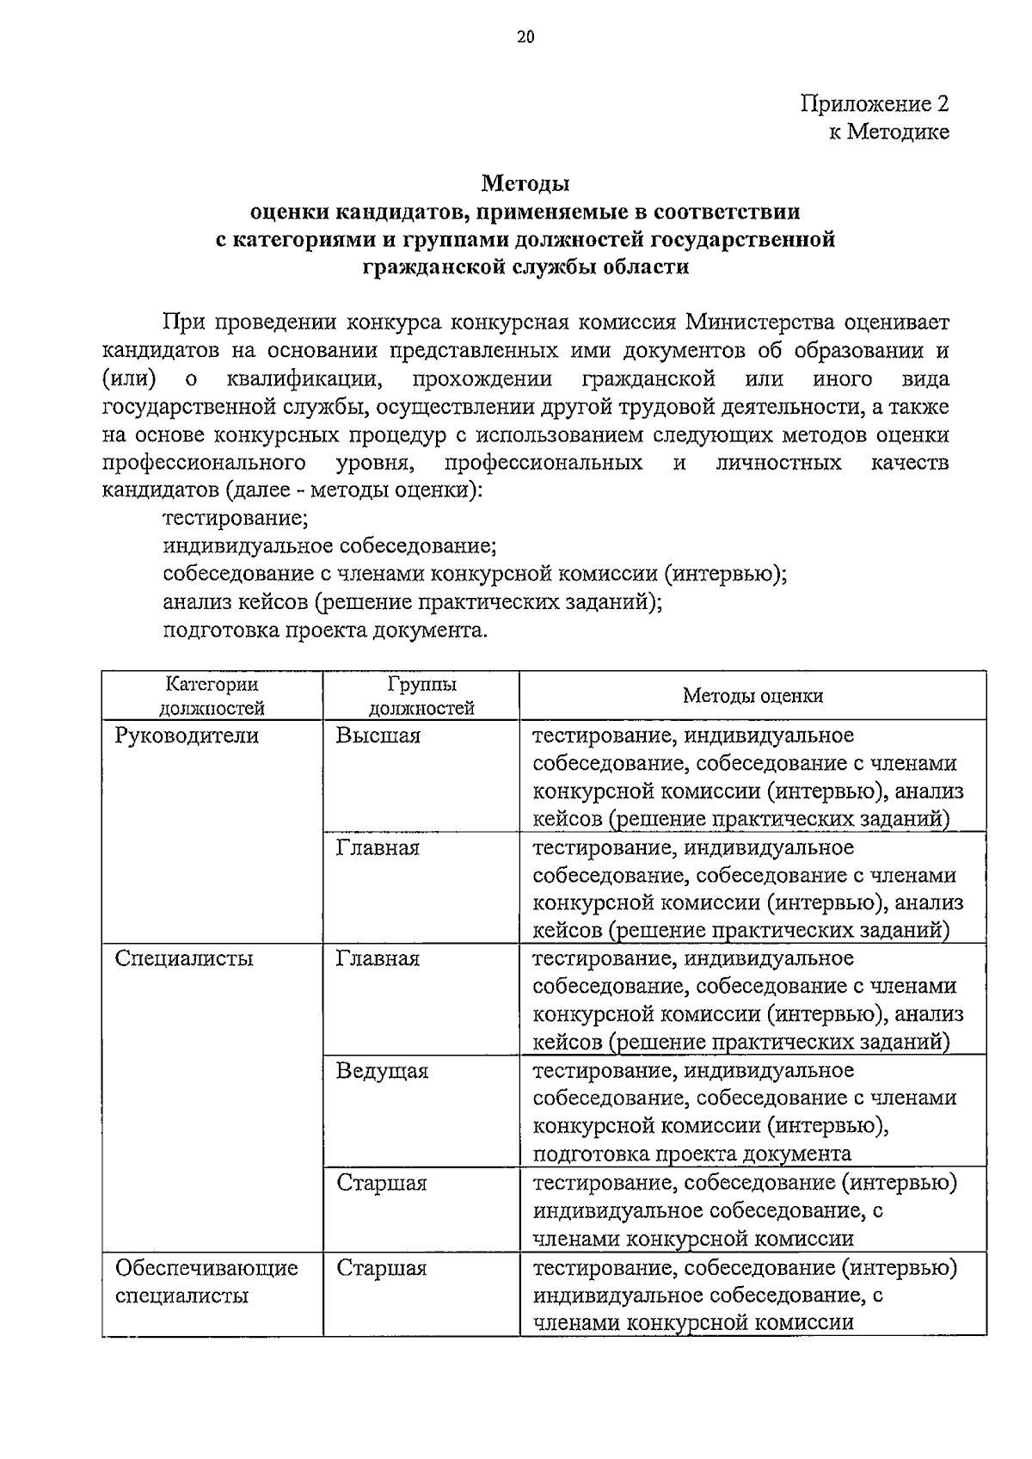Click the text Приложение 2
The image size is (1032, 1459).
click(875, 104)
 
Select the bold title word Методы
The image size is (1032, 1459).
click(525, 183)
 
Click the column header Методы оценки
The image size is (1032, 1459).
click(752, 696)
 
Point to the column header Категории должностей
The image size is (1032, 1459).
click(212, 696)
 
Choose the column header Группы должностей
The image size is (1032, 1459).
click(421, 696)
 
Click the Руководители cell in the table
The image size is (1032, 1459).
click(187, 736)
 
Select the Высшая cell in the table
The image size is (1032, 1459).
click(378, 736)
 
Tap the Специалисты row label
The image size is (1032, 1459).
click(184, 958)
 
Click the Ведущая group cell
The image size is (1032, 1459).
click(382, 1071)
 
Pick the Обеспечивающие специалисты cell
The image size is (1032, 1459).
click(206, 1281)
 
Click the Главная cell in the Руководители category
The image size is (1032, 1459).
click(378, 848)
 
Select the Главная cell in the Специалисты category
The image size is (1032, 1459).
click(378, 958)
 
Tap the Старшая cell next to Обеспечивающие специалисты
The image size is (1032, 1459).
click(381, 1268)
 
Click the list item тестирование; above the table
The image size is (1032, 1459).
click(236, 519)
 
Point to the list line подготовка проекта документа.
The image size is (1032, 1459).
click(325, 630)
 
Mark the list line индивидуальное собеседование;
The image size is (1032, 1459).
click(329, 546)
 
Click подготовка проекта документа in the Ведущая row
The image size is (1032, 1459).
click(692, 1154)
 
